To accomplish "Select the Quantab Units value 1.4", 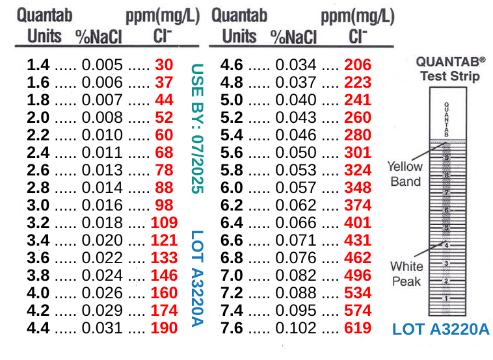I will pos(39,65).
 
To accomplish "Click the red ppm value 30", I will pos(164,65).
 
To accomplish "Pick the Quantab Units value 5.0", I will pos(233,100).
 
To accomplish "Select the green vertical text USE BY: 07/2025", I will pos(198,128).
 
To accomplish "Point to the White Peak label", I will pos(406,274).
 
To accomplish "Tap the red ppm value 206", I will pos(358,65).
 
